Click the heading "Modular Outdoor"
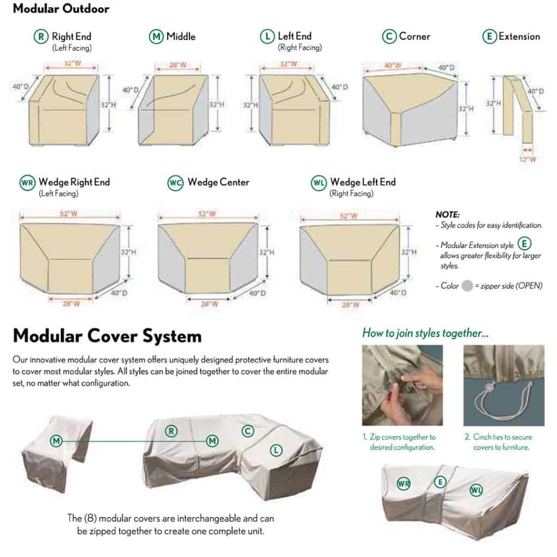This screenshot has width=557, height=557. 60,9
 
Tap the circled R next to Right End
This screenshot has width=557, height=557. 40,37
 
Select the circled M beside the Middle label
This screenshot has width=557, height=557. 156,37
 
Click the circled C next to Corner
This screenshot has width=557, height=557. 388,37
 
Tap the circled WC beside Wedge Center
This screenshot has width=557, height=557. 175,183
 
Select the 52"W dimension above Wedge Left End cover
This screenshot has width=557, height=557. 348,216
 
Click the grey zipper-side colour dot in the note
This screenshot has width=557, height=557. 466,286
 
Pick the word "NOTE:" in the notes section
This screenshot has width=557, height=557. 448,215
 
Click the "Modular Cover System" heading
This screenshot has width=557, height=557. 107,336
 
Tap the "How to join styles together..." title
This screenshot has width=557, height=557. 425,333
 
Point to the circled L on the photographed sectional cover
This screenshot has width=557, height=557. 276,449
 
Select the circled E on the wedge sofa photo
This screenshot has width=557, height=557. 440,481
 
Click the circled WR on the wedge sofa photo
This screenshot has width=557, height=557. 403,483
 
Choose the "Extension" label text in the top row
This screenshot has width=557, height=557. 519,37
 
